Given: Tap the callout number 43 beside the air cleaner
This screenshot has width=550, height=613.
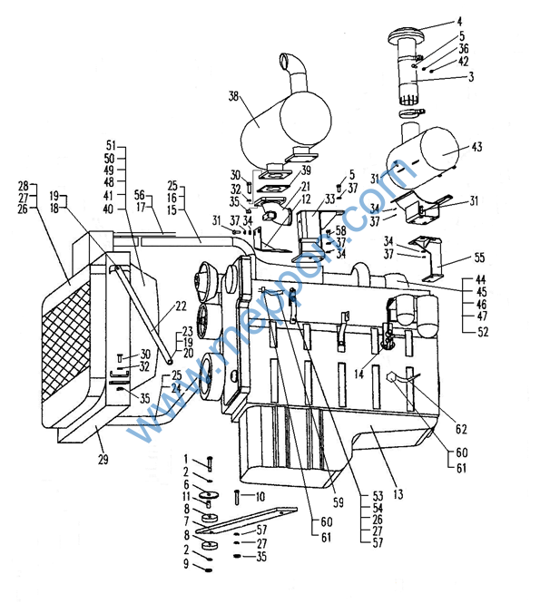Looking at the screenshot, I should pyautogui.click(x=476, y=146).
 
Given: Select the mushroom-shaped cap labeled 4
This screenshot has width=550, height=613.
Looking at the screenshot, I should pyautogui.click(x=408, y=35).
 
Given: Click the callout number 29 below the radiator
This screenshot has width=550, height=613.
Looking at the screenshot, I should pyautogui.click(x=103, y=461).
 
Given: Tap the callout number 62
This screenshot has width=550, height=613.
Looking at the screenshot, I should pyautogui.click(x=460, y=430).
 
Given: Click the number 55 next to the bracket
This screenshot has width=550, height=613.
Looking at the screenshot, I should pyautogui.click(x=480, y=258).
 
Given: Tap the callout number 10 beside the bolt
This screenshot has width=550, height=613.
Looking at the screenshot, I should pyautogui.click(x=260, y=497).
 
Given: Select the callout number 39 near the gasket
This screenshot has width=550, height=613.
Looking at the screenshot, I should pyautogui.click(x=306, y=170).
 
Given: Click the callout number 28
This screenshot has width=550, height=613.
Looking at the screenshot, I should pyautogui.click(x=23, y=185).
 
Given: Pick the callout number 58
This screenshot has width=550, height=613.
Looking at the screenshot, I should pyautogui.click(x=340, y=231).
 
